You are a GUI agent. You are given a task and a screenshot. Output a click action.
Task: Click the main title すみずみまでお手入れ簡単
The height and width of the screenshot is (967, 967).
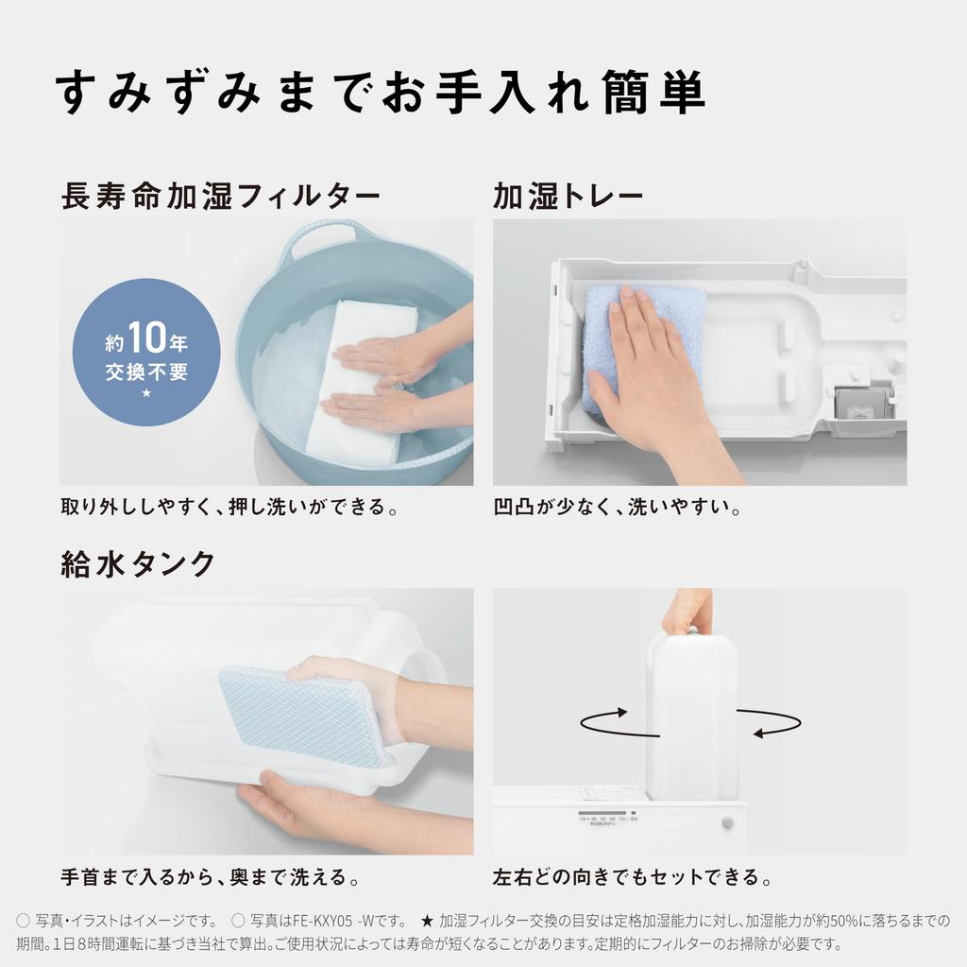pyautogui.click(x=381, y=93)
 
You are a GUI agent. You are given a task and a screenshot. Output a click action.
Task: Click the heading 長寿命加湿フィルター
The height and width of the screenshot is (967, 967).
pyautogui.click(x=221, y=197)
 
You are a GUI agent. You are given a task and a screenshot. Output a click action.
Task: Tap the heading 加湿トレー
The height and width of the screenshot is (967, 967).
pyautogui.click(x=568, y=197)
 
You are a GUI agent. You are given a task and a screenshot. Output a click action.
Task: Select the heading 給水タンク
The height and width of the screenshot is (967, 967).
pyautogui.click(x=138, y=564)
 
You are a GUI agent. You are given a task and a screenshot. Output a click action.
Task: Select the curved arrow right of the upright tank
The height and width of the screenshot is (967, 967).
pyautogui.click(x=770, y=722)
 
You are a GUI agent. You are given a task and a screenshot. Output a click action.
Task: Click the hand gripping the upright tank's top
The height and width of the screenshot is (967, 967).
pyautogui.click(x=688, y=612)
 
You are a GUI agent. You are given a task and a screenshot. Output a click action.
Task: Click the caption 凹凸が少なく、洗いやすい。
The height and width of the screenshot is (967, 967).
pyautogui.click(x=616, y=508)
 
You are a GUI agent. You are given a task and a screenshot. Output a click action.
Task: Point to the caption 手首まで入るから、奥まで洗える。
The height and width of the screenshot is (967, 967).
pyautogui.click(x=210, y=877)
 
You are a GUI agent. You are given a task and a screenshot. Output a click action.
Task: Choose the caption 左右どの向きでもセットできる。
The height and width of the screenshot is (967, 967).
pyautogui.click(x=632, y=877)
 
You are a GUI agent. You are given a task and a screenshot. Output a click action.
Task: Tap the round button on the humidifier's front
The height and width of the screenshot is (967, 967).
pyautogui.click(x=727, y=823)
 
